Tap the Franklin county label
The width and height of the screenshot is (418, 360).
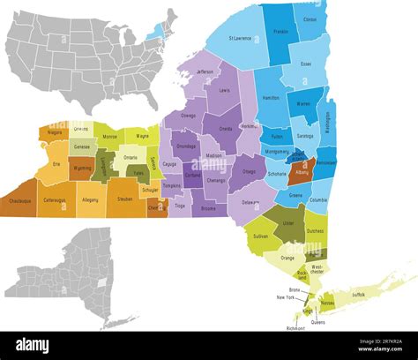[280, 31]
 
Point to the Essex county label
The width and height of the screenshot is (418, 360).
[305, 64]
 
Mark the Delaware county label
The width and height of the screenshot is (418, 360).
[250, 202]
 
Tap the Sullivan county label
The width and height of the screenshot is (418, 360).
[261, 237]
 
